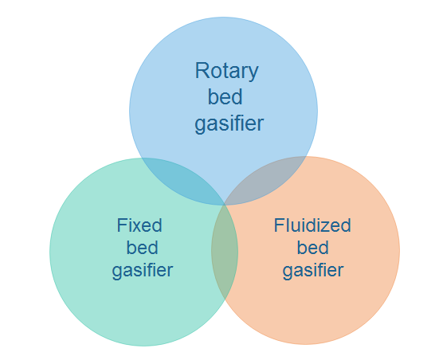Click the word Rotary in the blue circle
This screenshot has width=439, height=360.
coord(226,72)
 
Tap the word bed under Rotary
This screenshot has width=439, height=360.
coord(225,96)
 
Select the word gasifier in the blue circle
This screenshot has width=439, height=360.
coord(229,123)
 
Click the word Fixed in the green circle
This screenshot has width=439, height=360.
coord(139,225)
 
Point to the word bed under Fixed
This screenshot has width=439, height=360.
coord(143,247)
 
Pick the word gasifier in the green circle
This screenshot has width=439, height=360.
coord(143,271)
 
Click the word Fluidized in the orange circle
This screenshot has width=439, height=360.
coord(312,225)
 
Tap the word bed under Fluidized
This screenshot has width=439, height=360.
coord(313,247)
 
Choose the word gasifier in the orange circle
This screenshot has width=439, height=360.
coord(313,271)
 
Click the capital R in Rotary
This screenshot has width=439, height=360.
coord(202,71)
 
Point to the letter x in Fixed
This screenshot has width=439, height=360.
coord(137,227)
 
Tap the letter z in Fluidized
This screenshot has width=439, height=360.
coord(324,227)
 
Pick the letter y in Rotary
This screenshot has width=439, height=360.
coord(253,74)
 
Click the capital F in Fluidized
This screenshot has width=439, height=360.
coord(279,225)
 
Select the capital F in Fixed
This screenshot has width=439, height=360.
coord(122,225)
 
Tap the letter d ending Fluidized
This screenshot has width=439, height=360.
coord(346,225)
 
